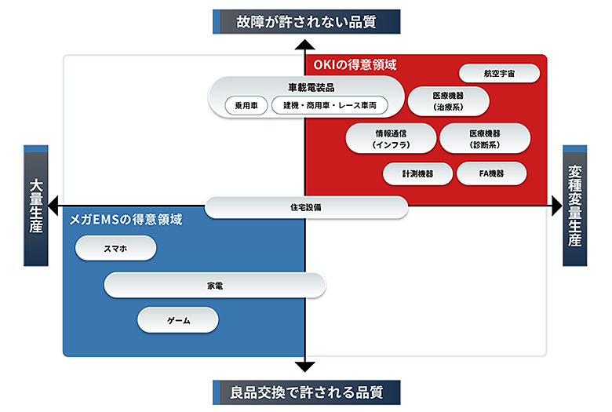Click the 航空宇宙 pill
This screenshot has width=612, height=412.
[500, 73]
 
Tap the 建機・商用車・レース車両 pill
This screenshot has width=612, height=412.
[330, 105]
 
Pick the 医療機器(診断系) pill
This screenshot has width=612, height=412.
[485, 137]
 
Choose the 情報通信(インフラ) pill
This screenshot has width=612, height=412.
[390, 137]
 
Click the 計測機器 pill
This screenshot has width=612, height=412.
[417, 173]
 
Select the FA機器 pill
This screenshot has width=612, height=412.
[491, 173]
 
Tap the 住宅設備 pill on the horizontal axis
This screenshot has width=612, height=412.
[306, 207]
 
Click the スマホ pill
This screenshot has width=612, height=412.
[115, 248]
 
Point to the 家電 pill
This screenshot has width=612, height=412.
[215, 285]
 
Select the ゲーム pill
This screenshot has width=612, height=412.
[178, 320]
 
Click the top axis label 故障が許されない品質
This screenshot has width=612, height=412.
[306, 21]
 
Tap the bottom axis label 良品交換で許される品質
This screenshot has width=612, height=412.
[306, 391]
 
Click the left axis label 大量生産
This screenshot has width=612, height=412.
[36, 206]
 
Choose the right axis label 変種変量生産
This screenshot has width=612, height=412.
[575, 206]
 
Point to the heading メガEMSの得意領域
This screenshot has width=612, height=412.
[126, 220]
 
